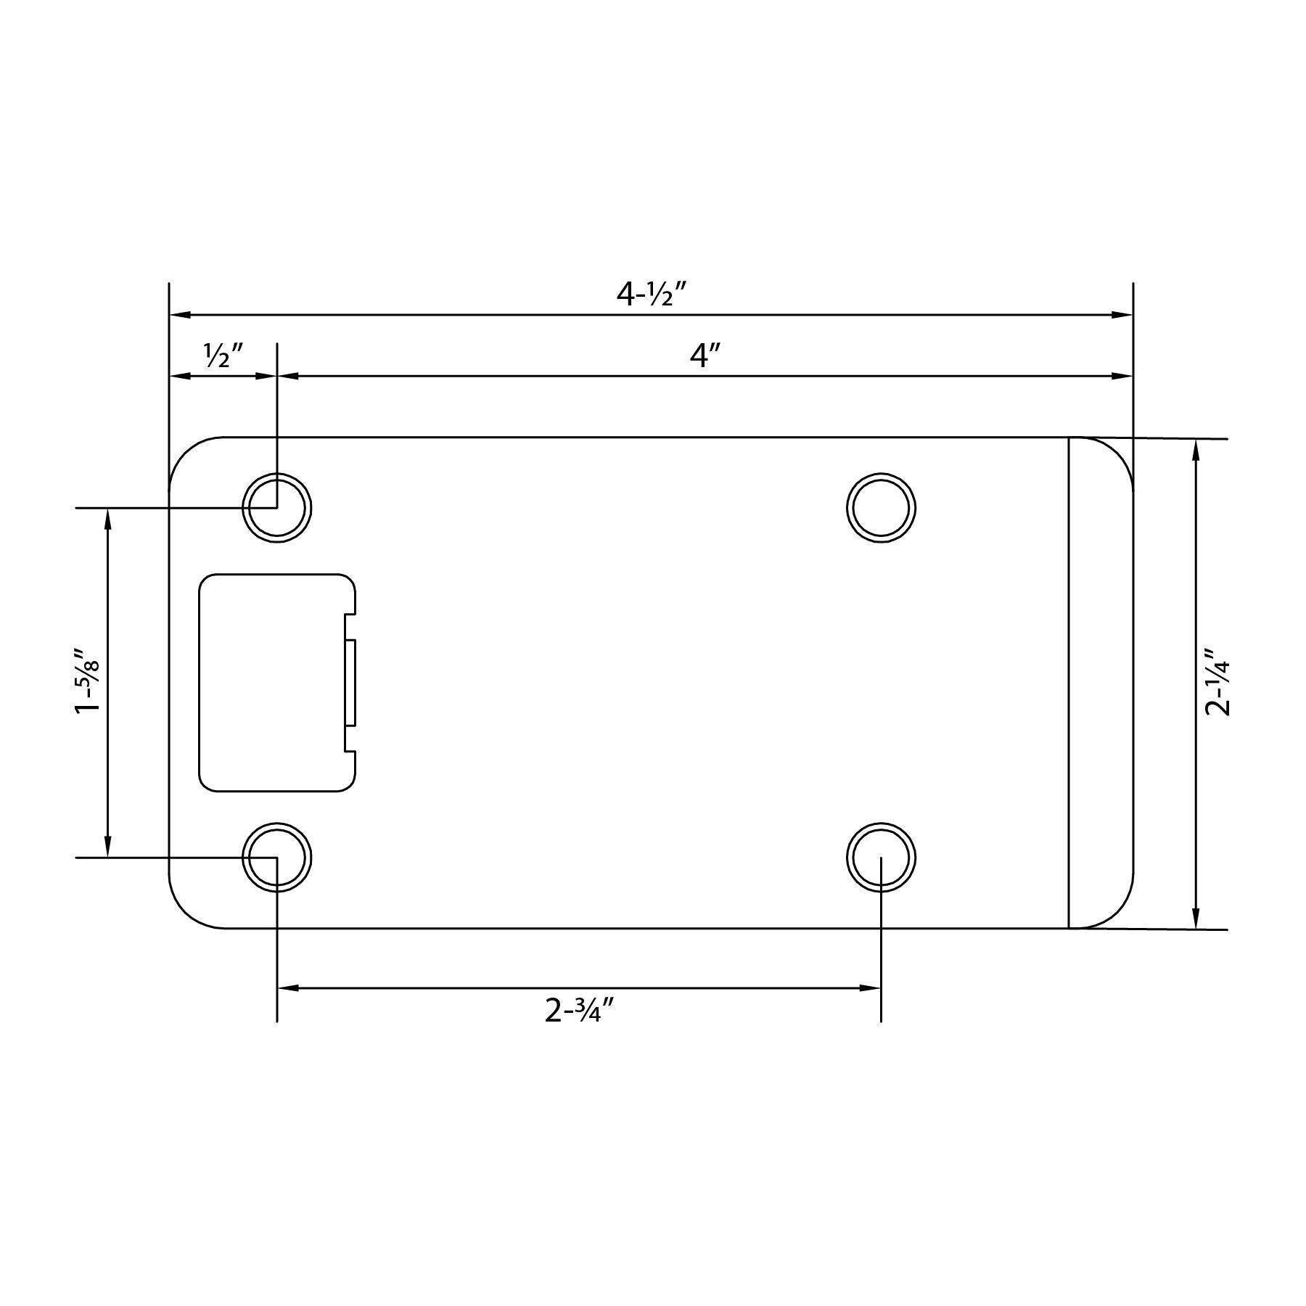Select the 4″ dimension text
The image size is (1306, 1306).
[704, 356]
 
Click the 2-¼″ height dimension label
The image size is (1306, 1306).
[1217, 682]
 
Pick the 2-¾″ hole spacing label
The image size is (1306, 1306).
[580, 1010]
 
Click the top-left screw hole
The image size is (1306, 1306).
[276, 508]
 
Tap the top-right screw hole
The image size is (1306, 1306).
[881, 508]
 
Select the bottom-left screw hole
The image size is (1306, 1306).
[276, 857]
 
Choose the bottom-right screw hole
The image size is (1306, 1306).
[881, 857]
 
